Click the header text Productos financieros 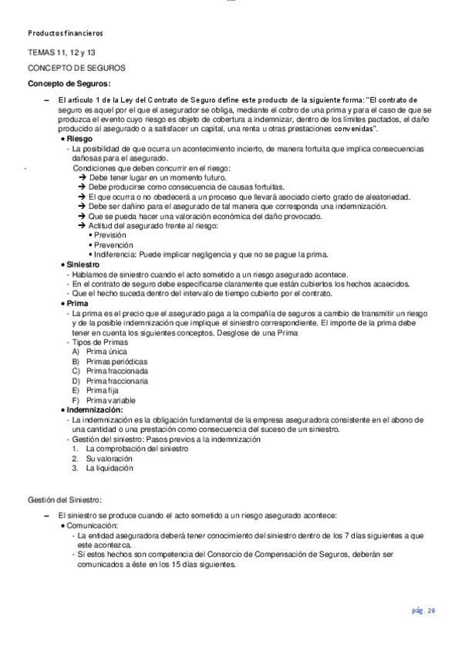65,34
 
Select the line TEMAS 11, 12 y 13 62,53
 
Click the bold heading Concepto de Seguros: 69,83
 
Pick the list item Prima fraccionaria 117,381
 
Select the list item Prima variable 112,400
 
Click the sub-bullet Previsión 110,234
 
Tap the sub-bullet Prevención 113,244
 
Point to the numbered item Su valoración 110,457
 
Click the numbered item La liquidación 110,467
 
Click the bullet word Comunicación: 98,524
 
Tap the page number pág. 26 423,611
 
